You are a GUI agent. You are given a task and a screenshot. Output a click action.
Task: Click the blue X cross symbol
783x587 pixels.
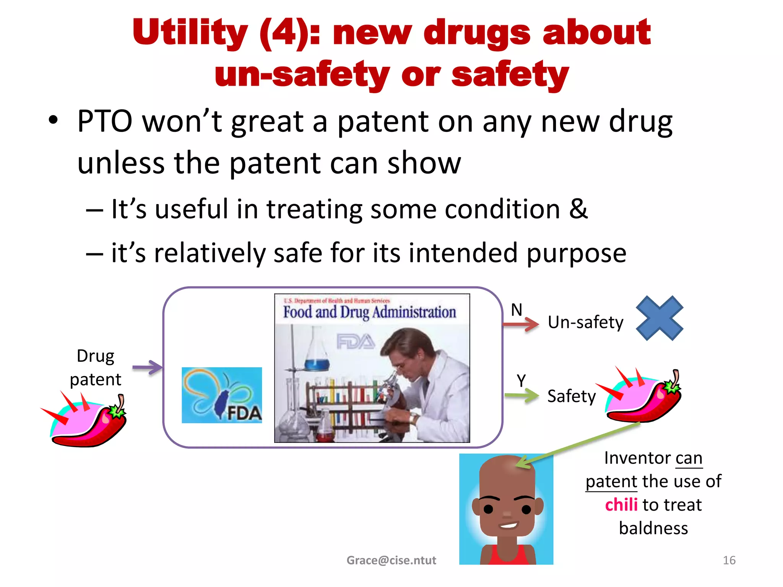pos(660,318)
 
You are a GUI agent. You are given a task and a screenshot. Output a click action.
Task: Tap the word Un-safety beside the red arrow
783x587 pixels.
pos(585,323)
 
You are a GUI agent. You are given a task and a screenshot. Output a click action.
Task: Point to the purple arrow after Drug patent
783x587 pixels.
pos(147,367)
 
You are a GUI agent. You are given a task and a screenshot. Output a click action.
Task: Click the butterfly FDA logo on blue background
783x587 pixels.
pos(222,395)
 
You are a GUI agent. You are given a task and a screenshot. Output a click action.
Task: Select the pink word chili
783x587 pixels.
pos(621,505)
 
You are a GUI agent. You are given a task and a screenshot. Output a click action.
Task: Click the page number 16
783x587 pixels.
pos(729,560)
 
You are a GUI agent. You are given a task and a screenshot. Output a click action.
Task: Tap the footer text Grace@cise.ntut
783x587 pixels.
pos(391,560)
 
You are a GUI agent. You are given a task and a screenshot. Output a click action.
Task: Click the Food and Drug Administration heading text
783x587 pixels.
pos(369,312)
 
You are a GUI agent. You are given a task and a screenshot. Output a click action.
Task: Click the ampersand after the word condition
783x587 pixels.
pos(578,209)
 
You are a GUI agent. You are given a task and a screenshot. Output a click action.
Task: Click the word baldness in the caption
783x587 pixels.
pos(653,528)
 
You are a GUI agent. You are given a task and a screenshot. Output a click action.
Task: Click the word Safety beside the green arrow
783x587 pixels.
pos(571,396)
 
